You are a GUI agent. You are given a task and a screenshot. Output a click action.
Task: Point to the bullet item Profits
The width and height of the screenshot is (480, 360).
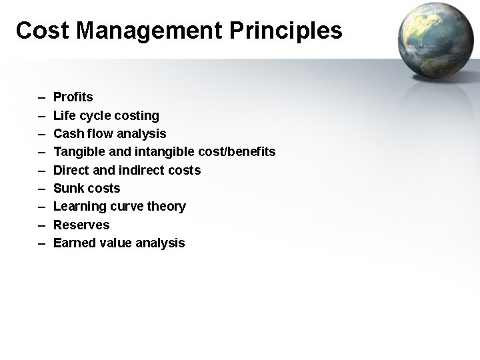point(73,97)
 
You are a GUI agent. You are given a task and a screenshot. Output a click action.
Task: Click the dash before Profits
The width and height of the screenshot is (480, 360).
point(41,97)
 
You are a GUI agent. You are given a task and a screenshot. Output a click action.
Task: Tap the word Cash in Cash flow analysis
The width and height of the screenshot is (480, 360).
point(67,134)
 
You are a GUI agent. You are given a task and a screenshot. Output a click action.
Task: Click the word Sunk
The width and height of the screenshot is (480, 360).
point(67,188)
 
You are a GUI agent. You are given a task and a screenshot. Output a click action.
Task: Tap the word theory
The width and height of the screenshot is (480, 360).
point(168,207)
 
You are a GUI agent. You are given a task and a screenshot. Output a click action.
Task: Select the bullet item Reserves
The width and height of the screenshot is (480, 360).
point(81,225)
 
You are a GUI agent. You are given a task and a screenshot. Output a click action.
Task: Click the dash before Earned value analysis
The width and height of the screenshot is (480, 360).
point(41,243)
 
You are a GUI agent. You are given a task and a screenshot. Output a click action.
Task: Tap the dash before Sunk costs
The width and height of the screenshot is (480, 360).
point(41,188)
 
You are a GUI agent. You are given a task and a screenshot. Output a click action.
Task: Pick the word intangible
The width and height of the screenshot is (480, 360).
point(169,152)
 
